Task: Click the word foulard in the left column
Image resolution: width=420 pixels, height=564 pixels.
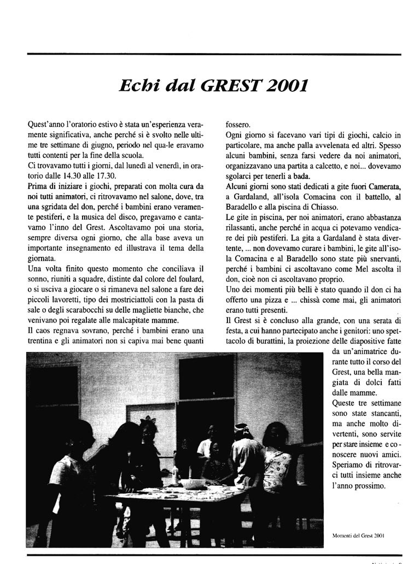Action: [191, 269]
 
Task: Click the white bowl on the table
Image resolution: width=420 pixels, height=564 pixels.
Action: [192, 483]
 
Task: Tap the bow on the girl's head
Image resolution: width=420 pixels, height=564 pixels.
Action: [146, 422]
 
